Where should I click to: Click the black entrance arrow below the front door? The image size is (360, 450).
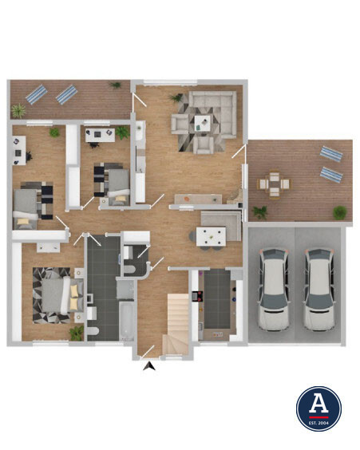tap(149, 367)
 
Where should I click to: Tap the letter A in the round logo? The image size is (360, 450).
tap(318, 403)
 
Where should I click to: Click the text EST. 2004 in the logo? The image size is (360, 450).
tap(318, 423)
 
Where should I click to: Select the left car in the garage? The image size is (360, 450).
tap(274, 290)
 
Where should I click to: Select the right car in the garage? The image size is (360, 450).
tap(319, 290)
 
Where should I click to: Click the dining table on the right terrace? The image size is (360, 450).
tap(274, 184)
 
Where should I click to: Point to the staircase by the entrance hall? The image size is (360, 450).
tap(176, 324)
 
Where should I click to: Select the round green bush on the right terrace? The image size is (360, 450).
tap(340, 213)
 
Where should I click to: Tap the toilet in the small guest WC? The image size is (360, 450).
tap(130, 269)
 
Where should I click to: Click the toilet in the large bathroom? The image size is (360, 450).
tap(93, 331)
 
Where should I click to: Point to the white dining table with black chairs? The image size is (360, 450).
tap(211, 236)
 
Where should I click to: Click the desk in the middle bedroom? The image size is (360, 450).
tap(101, 135)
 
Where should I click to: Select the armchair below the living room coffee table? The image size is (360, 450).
tap(204, 144)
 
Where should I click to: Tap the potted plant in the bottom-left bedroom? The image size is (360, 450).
tap(77, 334)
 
